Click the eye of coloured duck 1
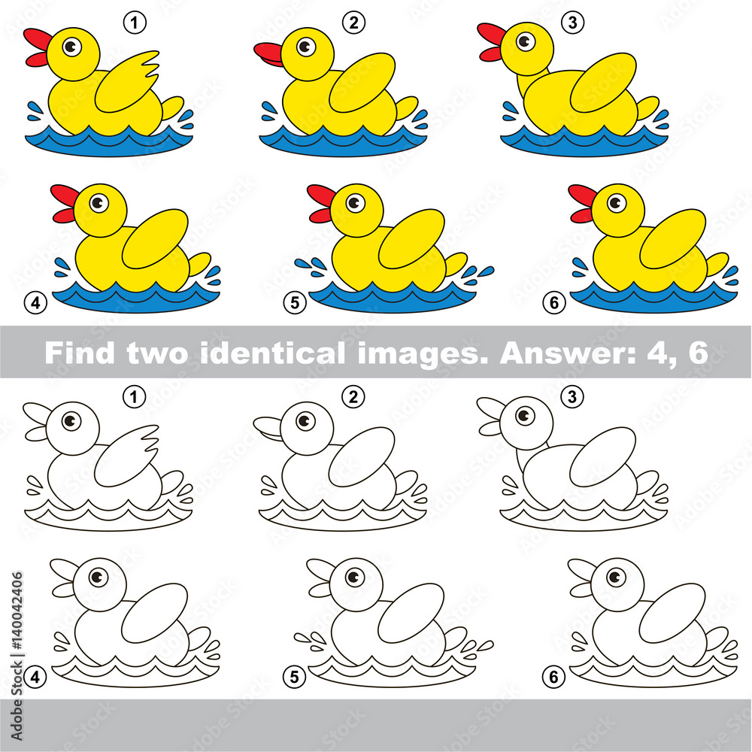pos(72,47)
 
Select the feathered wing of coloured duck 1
pos(126,82)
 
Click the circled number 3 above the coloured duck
pos(572,22)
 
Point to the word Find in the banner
pos(80,353)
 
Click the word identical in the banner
pos(271,353)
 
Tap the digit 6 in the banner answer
pos(699,353)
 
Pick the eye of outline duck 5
pos(354,577)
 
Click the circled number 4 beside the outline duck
pos(35,678)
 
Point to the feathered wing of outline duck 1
pos(126,456)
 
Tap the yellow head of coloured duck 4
pos(100,210)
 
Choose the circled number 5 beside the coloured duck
pos(295,302)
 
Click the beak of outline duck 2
pos(268,429)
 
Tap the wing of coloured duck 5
pos(411,239)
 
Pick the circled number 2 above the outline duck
pos(353,396)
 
